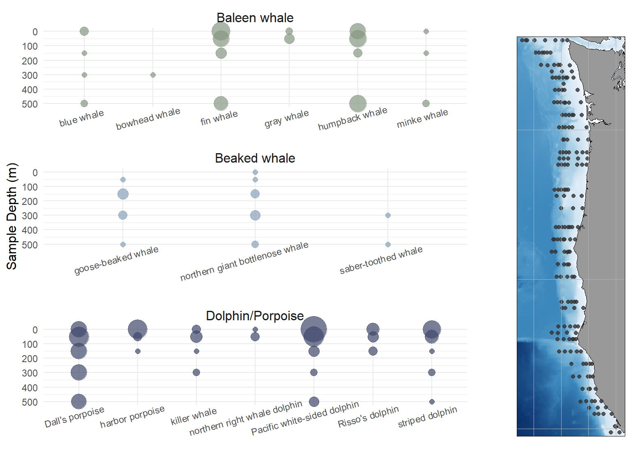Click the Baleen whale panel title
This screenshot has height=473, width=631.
[x=255, y=18]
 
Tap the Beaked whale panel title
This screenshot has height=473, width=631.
[x=255, y=158]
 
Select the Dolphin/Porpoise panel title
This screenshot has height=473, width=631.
[x=255, y=316]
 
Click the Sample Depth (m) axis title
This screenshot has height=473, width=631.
[x=12, y=216]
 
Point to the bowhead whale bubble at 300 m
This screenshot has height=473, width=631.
[x=153, y=75]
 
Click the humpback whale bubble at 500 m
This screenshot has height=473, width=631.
[x=358, y=103]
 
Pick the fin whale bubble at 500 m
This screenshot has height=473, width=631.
[x=221, y=103]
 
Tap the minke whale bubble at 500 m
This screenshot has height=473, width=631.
[x=426, y=103]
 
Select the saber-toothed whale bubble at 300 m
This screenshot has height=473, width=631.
[x=388, y=215]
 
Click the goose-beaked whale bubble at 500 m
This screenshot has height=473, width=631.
[x=123, y=244]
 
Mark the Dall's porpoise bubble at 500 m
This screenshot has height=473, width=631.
[x=79, y=402]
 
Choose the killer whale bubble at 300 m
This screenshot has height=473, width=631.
[x=196, y=372]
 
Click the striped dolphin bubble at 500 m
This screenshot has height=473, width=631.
[x=432, y=402]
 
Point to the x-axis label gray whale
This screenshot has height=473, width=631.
[x=286, y=118]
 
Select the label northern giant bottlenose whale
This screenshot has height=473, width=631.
[x=244, y=261]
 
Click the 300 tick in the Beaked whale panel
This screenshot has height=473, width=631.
[x=30, y=216]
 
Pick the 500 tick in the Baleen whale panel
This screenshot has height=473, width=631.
[x=30, y=104]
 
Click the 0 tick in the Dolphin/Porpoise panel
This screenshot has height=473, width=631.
[x=35, y=330]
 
